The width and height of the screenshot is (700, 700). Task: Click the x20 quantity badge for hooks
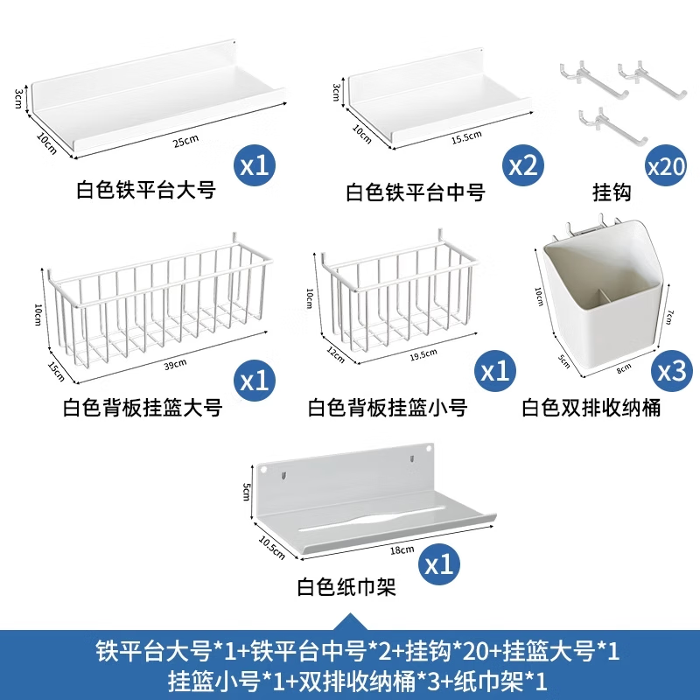tap(665, 165)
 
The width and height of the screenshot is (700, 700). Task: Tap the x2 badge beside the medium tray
tap(522, 165)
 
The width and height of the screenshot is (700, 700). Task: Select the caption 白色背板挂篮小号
tap(387, 408)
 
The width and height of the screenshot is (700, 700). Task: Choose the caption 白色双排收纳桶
tap(591, 408)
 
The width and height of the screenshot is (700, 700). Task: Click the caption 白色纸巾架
tap(346, 588)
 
